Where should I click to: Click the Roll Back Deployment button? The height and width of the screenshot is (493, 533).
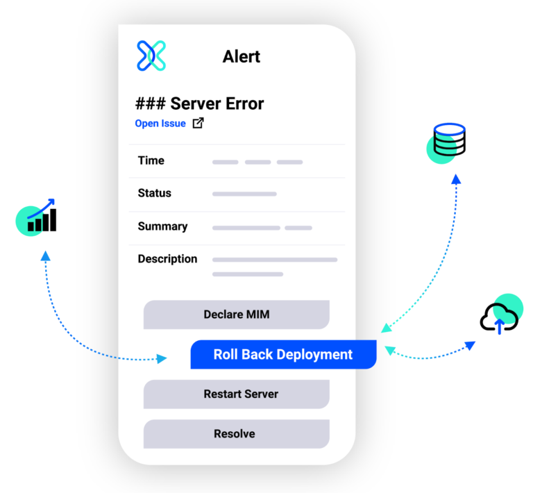pyautogui.click(x=283, y=354)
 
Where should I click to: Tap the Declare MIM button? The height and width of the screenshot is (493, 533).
pyautogui.click(x=236, y=315)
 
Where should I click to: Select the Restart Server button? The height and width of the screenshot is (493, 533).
pyautogui.click(x=236, y=394)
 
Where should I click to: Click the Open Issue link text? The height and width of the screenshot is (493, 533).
pyautogui.click(x=160, y=124)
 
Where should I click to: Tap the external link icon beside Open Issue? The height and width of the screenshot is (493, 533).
pyautogui.click(x=198, y=124)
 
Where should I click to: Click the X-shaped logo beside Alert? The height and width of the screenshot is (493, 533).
pyautogui.click(x=151, y=56)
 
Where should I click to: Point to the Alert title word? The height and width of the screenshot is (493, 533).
pyautogui.click(x=241, y=56)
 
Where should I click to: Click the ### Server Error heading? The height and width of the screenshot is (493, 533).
pyautogui.click(x=199, y=103)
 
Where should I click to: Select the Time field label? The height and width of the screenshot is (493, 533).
pyautogui.click(x=151, y=160)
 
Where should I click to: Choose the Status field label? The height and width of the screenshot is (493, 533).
pyautogui.click(x=154, y=193)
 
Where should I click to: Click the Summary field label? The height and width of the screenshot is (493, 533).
pyautogui.click(x=162, y=226)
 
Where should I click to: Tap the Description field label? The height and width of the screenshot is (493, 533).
pyautogui.click(x=167, y=259)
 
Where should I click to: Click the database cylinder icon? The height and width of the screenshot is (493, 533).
pyautogui.click(x=448, y=140)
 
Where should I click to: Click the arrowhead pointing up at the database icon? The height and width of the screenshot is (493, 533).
pyautogui.click(x=456, y=179)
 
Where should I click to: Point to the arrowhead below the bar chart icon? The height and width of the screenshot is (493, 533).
pyautogui.click(x=46, y=256)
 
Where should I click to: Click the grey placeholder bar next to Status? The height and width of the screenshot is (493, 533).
pyautogui.click(x=244, y=194)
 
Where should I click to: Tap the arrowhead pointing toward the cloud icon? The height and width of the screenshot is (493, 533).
pyautogui.click(x=470, y=345)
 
